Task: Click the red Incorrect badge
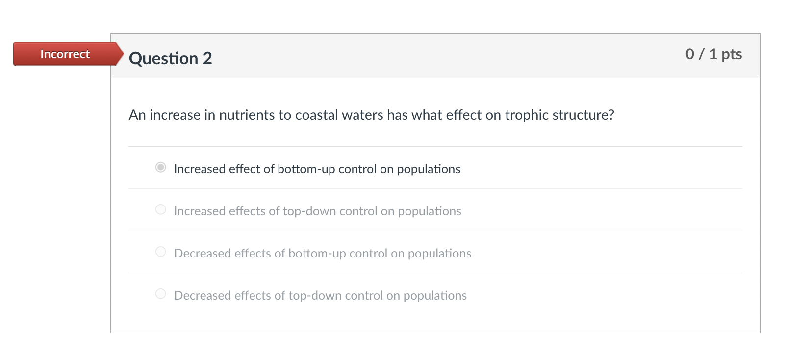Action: pyautogui.click(x=65, y=54)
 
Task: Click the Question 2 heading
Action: pyautogui.click(x=170, y=58)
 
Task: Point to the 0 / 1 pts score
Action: pyautogui.click(x=713, y=54)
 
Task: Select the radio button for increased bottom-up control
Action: pyautogui.click(x=160, y=168)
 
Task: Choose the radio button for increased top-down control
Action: pyautogui.click(x=160, y=210)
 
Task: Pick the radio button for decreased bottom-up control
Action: pyautogui.click(x=160, y=252)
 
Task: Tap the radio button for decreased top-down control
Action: pyautogui.click(x=160, y=294)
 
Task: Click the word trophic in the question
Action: pyautogui.click(x=527, y=115)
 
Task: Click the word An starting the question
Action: pyautogui.click(x=137, y=115)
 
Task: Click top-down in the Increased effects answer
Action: pyautogui.click(x=309, y=211)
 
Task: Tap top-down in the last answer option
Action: pyautogui.click(x=314, y=296)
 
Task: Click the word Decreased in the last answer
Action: pyautogui.click(x=203, y=296)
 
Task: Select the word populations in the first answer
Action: pyautogui.click(x=429, y=169)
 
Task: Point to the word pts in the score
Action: pyautogui.click(x=732, y=54)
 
